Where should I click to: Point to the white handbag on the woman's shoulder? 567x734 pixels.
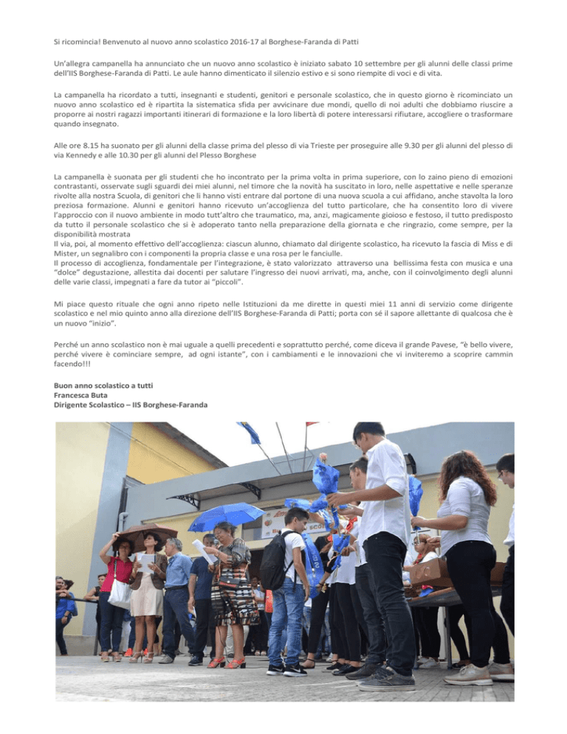point(120,591)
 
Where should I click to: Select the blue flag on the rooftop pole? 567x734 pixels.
point(250,432)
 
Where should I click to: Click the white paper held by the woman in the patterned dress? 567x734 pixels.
point(205,550)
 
